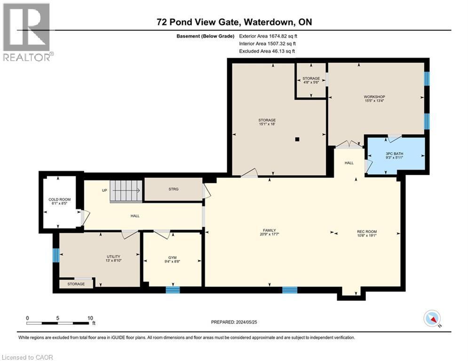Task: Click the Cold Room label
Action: coord(59,200)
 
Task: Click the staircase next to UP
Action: coord(126,190)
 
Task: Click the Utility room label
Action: coord(113,257)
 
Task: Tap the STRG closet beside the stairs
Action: coord(173,189)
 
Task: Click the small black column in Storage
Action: coord(297,139)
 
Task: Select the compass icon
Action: coord(431,318)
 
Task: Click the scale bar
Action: coord(58,323)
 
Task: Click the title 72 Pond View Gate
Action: coord(234,22)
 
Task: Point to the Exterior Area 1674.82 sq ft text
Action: coord(268,36)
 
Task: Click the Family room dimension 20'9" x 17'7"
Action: coord(269,234)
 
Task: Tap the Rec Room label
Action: coord(367,232)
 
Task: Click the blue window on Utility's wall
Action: coord(56,255)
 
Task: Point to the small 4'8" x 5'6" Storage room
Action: coord(311,80)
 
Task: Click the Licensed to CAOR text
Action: coord(28,357)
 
